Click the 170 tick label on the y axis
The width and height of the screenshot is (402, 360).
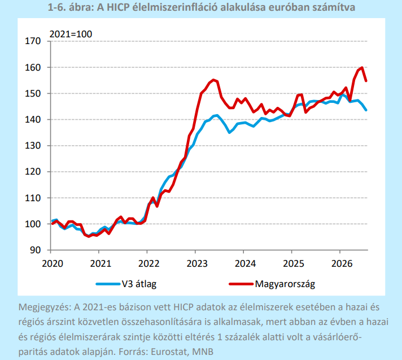[x=33, y=41]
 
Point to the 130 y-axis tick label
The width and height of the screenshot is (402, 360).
[x=33, y=146]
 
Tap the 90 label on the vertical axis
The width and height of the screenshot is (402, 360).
[x=35, y=250]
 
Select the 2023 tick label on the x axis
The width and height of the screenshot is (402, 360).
[x=197, y=263]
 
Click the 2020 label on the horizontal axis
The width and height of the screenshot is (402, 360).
[x=53, y=263]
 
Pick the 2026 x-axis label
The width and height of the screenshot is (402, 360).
[x=342, y=263]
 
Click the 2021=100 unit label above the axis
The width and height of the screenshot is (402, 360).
[x=71, y=34]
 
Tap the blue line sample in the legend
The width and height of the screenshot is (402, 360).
[x=108, y=284]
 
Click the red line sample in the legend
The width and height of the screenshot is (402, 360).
[x=241, y=284]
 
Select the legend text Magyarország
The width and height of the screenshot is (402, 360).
[x=285, y=284]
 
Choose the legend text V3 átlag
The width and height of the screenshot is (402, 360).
[x=139, y=284]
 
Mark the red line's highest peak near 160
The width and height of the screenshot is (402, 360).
[x=362, y=67]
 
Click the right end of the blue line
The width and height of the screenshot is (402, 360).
[x=366, y=110]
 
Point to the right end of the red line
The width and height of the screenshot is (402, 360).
[x=366, y=81]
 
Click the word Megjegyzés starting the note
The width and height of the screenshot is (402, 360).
[x=45, y=307]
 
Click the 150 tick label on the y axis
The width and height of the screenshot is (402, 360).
[x=33, y=93]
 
